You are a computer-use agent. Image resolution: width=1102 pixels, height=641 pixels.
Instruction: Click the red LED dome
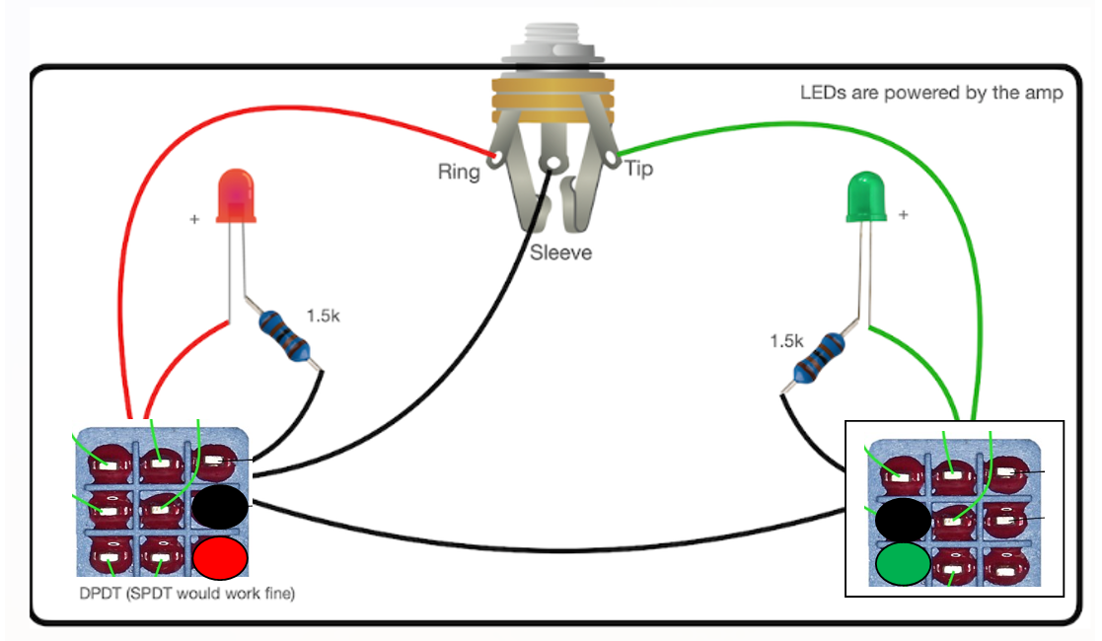(235, 194)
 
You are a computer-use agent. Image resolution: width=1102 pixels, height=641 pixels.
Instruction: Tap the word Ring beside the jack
(459, 173)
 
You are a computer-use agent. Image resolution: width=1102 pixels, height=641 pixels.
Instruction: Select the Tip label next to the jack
(638, 170)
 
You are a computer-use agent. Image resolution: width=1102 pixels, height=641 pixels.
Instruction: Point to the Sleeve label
(560, 252)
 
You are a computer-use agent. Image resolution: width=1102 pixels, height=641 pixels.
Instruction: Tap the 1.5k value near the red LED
(323, 317)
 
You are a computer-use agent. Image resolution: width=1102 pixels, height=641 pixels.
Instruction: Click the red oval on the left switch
(220, 558)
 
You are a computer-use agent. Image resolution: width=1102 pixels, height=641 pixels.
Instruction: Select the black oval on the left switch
(220, 507)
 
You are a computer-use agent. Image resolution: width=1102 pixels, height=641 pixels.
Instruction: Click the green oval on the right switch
(903, 564)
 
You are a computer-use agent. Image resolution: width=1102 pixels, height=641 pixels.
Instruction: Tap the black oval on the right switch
(903, 519)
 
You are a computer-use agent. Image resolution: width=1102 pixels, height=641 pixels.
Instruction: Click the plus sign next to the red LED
(194, 219)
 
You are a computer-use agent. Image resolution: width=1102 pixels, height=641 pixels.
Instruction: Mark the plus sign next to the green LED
(903, 213)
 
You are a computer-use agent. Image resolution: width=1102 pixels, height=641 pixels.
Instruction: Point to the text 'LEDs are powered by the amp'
(931, 94)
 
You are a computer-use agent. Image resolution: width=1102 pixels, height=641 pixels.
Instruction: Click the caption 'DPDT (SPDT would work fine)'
(187, 594)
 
